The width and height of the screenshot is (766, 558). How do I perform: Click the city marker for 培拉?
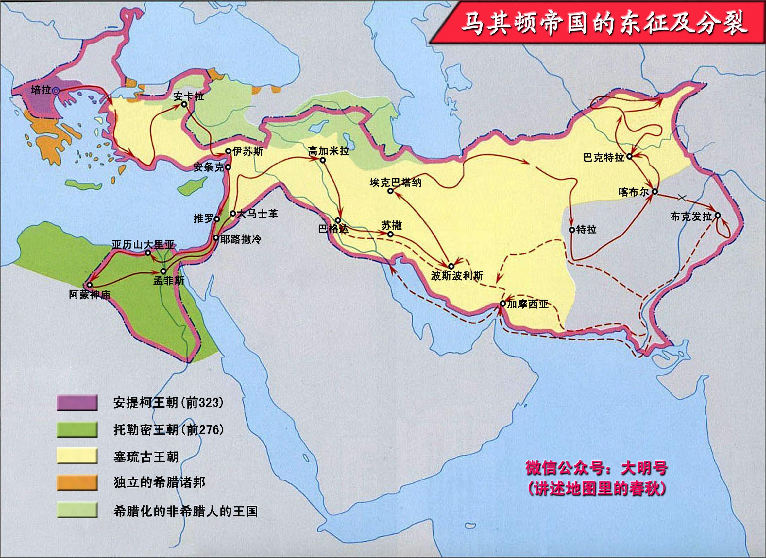click(x=56, y=91)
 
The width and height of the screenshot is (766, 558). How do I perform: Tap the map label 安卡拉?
click(x=188, y=96)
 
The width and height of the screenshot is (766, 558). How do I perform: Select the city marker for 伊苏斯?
click(x=228, y=151)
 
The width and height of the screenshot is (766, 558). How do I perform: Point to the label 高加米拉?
click(x=328, y=151)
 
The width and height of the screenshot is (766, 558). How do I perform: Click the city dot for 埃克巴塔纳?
click(x=390, y=191)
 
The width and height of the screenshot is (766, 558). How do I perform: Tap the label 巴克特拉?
click(x=604, y=158)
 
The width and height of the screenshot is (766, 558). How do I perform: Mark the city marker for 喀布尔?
click(x=655, y=192)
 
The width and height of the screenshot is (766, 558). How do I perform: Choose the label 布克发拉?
click(x=691, y=216)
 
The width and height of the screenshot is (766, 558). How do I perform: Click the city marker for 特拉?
click(x=572, y=230)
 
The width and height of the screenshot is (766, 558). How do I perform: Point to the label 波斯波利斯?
click(x=457, y=276)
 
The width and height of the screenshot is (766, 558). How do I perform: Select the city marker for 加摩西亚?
click(x=502, y=304)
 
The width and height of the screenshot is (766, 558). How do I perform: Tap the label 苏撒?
click(x=391, y=225)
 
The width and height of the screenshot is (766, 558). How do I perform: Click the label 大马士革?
click(x=257, y=214)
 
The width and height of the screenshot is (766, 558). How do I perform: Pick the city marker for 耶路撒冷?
click(x=216, y=238)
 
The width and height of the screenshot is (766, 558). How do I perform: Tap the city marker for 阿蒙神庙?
click(x=90, y=285)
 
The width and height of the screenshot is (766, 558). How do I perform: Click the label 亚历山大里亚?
click(x=143, y=245)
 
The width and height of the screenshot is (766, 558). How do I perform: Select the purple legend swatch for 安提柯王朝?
click(x=77, y=403)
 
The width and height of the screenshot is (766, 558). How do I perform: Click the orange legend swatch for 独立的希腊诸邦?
click(x=77, y=483)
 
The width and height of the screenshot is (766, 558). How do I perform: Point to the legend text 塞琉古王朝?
click(x=146, y=457)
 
